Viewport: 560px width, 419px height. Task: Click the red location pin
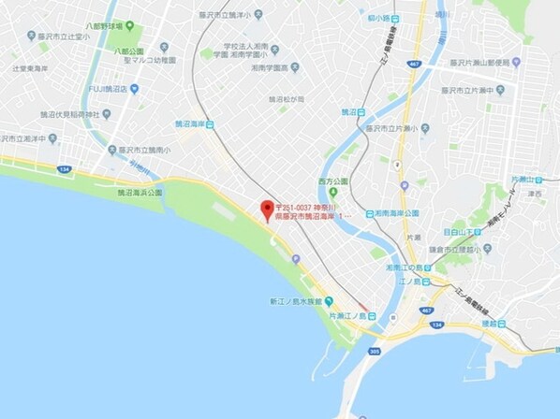click(266, 209)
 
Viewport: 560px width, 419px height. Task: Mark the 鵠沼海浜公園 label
click(140, 192)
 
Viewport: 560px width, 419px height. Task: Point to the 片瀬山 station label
click(523, 178)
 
